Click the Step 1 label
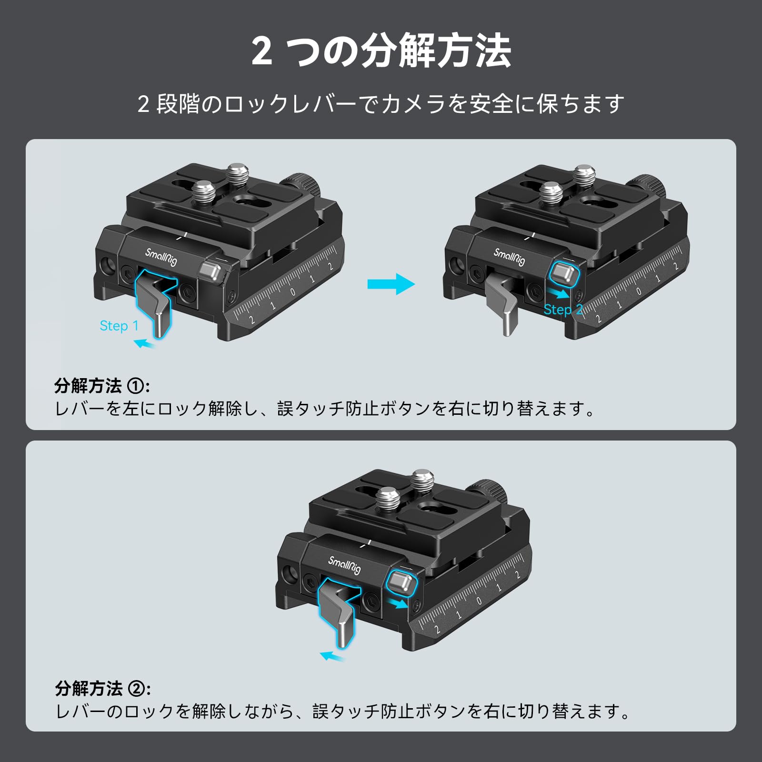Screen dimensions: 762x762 click(119, 326)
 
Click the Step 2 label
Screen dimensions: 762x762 click(563, 310)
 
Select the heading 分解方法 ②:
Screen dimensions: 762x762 click(103, 688)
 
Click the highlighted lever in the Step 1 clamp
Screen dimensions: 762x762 click(155, 305)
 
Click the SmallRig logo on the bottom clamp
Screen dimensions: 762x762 click(344, 565)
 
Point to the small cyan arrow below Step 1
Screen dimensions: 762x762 click(144, 343)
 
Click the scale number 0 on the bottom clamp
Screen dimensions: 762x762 click(479, 601)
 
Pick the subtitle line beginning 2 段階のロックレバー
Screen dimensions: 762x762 click(381, 104)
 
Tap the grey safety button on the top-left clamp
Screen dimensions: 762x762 click(211, 272)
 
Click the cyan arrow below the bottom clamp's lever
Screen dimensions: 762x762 click(332, 657)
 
